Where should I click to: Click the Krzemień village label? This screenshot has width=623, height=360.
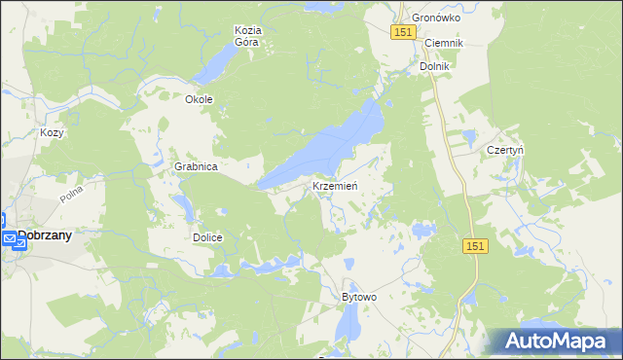pos(337,186)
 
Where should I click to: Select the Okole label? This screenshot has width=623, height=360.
pos(199,99)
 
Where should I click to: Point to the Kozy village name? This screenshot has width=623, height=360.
pos(51,132)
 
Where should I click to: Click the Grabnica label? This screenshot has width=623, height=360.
pos(196,166)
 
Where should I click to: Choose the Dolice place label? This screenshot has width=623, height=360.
pos(207,237)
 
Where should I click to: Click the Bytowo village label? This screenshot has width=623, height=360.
pos(359,297)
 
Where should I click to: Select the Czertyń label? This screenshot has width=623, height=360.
pos(505,151)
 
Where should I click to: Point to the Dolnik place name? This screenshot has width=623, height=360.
pos(434,66)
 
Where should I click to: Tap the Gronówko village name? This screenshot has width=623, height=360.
pos(434,18)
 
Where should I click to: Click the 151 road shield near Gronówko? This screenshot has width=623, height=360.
pos(405,32)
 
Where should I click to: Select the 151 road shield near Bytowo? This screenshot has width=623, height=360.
pos(474,247)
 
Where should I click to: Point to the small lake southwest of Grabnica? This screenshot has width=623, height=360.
pos(182,205)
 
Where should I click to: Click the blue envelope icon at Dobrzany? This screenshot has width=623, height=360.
pos(8,238)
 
